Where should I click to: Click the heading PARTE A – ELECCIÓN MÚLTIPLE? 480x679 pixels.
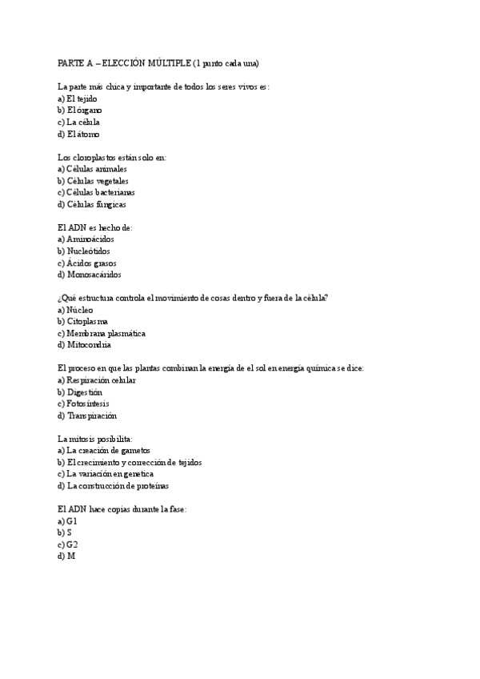point(158,62)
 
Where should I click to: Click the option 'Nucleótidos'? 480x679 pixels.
point(89,251)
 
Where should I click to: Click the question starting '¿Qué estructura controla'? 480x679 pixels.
point(193,298)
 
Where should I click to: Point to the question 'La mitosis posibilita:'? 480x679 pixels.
point(94,438)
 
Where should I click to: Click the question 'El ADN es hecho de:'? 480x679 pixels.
point(94,227)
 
